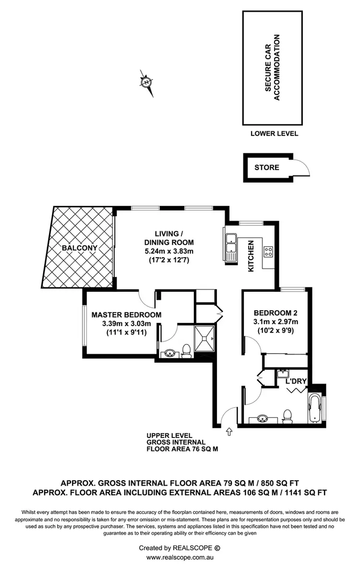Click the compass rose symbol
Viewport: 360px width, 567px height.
pos(146,83)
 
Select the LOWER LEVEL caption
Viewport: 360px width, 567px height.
pos(274,133)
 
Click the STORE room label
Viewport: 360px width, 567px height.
pos(266,167)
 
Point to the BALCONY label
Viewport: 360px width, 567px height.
pos(80,248)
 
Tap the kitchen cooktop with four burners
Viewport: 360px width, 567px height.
pos(268,252)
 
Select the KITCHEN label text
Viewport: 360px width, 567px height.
pos(251,256)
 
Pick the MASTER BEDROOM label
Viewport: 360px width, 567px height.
pos(126,315)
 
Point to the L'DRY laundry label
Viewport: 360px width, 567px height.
pos(296,382)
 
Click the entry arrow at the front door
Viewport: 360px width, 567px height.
pos(228,432)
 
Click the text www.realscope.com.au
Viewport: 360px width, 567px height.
pos(180,557)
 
